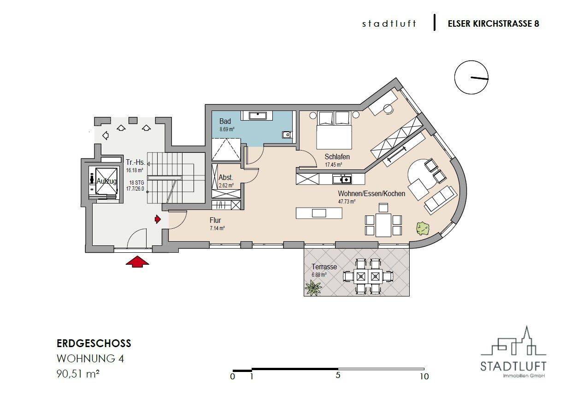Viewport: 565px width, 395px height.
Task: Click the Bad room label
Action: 225,121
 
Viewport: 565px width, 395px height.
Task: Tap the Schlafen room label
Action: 337,157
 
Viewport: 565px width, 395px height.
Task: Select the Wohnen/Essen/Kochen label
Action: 371,193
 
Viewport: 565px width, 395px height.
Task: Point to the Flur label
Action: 216,220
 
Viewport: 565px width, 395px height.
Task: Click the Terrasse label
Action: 324,267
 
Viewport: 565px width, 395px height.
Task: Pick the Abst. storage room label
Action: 225,177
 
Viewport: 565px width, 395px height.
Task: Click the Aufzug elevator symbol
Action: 106,181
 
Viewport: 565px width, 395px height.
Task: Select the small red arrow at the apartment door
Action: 158,219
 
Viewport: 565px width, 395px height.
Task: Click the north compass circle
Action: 471,77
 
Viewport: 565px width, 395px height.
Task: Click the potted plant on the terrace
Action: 314,288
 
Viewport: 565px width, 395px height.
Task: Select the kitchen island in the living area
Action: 319,213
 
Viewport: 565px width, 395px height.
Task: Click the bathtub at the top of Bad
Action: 261,115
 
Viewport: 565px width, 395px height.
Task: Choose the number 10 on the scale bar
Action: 424,377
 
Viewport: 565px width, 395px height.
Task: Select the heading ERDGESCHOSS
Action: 94,343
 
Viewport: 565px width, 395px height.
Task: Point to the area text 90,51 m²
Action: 78,374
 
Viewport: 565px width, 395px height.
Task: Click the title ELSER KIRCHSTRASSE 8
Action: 493,23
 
